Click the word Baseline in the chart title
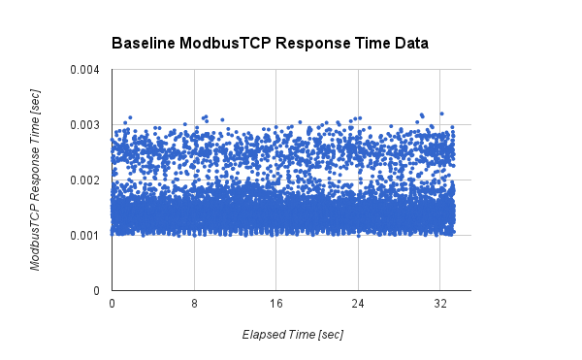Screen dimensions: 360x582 coord(143,44)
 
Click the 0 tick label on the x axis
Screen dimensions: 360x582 coord(113,304)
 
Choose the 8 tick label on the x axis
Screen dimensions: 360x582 coord(194,304)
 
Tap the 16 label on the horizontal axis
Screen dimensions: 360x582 coord(275,304)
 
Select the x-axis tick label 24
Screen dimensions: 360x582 coord(358,304)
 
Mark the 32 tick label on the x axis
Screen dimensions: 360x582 coord(439,304)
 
